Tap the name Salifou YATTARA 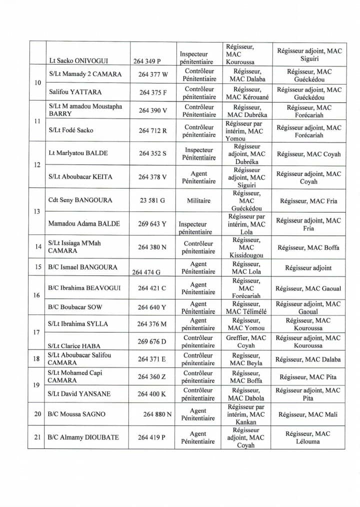coord(75,92)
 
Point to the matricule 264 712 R coord(152,130)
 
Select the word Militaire coord(198,200)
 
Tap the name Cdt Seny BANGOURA coord(80,200)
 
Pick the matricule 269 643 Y coord(153,224)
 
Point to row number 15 coord(37,267)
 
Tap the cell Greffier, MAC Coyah coord(245,341)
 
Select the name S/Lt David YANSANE coord(79,394)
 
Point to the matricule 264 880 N coord(157,414)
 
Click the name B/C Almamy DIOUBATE coord(83,437)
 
